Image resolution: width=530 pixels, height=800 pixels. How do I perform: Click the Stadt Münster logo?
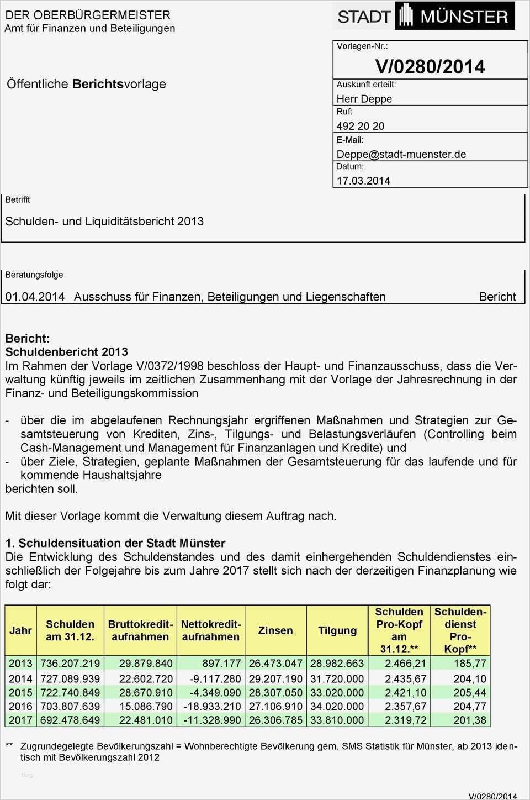(423, 16)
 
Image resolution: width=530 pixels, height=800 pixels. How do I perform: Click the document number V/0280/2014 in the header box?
(430, 67)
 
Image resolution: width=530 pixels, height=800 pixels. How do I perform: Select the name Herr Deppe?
(364, 99)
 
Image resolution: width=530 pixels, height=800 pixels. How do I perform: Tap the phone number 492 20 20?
(361, 126)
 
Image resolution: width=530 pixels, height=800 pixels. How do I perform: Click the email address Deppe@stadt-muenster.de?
(401, 154)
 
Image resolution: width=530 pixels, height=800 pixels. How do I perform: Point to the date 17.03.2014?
(363, 181)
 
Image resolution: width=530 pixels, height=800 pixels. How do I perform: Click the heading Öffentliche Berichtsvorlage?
(86, 84)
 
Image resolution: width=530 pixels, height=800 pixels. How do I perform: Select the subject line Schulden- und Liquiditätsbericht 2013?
(104, 221)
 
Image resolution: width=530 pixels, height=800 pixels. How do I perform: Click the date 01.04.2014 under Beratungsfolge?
(35, 297)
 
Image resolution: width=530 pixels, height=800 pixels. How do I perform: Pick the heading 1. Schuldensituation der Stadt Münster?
(115, 543)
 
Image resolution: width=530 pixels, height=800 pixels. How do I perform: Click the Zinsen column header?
(275, 630)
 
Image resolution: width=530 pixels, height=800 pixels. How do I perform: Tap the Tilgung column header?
(337, 630)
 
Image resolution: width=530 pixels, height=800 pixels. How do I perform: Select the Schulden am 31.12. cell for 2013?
(70, 663)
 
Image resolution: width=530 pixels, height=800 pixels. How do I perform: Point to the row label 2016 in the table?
(20, 706)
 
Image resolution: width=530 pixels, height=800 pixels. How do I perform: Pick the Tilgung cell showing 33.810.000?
(337, 720)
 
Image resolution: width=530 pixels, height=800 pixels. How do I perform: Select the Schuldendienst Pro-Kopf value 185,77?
(470, 663)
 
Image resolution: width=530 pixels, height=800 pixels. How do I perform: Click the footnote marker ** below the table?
(9, 746)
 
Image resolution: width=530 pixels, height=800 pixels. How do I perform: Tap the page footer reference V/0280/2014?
(492, 796)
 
